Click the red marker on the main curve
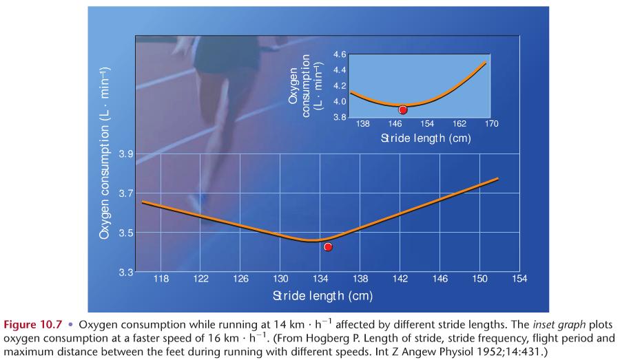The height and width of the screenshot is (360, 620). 328,246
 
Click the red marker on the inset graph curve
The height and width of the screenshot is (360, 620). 403,109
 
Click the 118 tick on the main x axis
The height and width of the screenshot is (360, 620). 161,279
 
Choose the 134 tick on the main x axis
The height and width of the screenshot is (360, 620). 320,279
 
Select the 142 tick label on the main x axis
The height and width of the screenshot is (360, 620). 400,279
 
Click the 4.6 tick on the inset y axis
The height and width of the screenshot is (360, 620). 340,54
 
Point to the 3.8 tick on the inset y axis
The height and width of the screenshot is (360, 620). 340,117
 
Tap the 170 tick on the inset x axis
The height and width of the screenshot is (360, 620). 491,124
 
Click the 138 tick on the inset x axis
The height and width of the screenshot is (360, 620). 363,124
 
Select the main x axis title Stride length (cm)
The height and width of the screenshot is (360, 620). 322,296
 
